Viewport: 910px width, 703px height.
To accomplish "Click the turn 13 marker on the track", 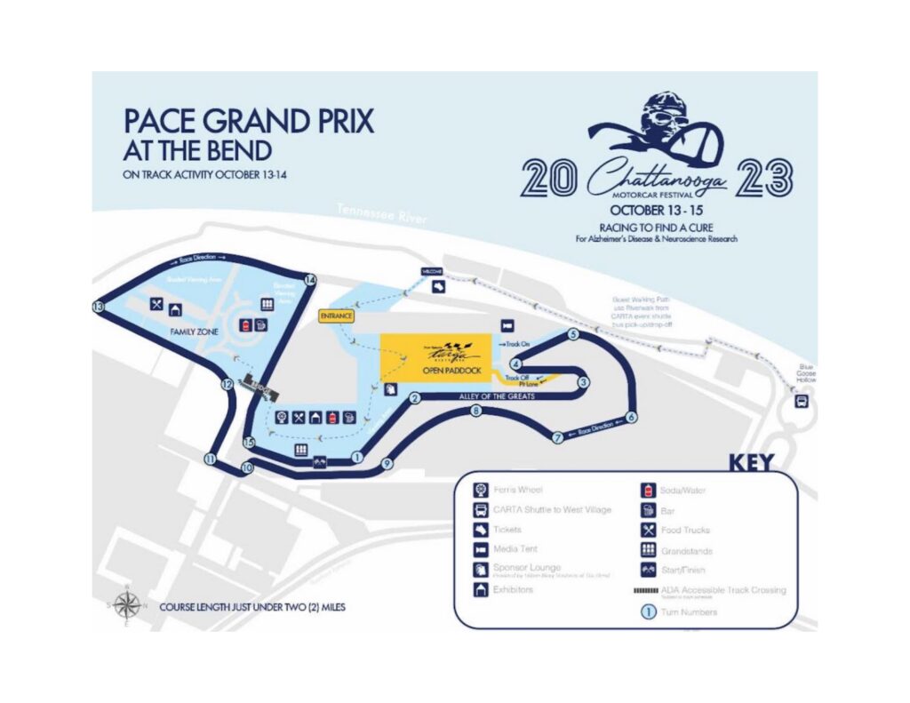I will coord(98,307).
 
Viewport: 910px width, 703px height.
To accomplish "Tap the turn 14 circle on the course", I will coord(310,279).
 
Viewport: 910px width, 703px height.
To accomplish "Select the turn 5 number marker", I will coord(573,335).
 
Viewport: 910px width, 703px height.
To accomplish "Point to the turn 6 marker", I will coord(631,417).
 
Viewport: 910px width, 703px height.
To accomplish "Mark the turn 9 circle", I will coord(387,464).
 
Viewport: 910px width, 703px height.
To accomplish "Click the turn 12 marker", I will coord(227,385).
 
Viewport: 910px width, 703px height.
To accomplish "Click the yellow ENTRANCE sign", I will coord(338,316).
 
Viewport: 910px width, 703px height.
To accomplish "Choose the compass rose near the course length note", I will coord(127,606).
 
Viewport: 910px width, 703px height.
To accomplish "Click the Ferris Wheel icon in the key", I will coord(480,490).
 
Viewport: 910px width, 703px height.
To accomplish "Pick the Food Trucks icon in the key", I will coord(648,530).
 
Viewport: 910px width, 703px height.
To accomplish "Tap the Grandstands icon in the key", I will coord(648,550).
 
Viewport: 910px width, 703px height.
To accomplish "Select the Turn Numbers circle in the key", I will coord(648,611).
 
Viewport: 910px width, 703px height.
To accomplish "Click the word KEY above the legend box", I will coord(751,462).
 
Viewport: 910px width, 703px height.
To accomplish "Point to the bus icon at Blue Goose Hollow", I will coord(802,401).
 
